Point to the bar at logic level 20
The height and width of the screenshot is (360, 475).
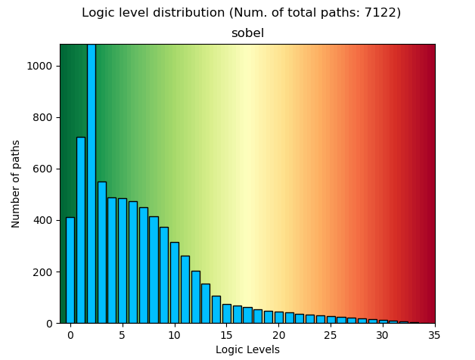pos(279,317)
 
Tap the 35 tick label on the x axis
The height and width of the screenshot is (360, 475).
pos(435,335)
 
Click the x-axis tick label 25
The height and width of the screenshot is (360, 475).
pos(331,335)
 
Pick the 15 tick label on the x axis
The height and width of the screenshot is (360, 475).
pos(227,335)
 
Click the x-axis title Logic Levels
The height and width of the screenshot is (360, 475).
pos(247,349)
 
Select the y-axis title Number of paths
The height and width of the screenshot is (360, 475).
pos(16,184)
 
